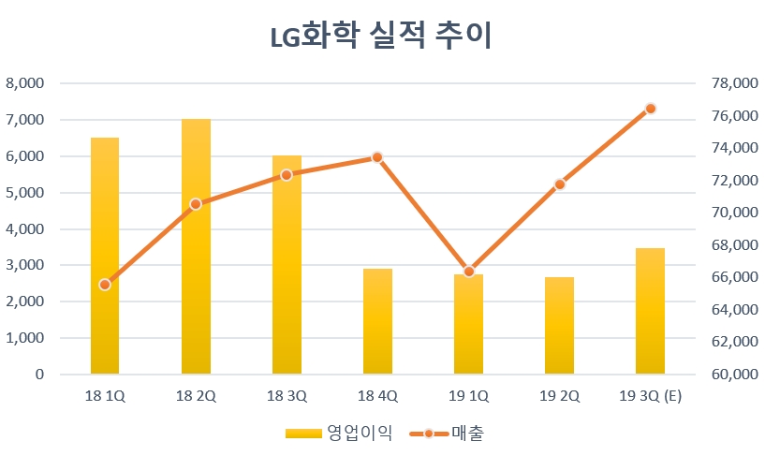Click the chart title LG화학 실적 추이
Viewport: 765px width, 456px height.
381,37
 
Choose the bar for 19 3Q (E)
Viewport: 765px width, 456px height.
650,311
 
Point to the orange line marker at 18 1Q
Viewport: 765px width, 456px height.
105,285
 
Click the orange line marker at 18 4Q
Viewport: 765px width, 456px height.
377,157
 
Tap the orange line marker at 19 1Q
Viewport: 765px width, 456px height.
468,272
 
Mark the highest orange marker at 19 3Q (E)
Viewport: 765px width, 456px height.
651,109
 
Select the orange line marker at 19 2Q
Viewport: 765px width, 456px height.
559,184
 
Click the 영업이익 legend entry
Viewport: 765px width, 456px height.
337,433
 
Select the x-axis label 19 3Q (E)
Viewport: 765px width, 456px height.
650,396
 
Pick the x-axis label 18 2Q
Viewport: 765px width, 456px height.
196,396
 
